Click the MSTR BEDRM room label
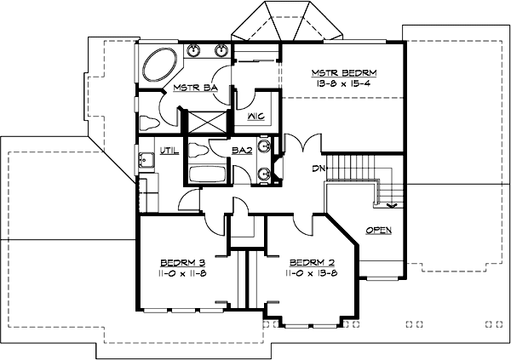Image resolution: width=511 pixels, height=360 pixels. click(x=344, y=72)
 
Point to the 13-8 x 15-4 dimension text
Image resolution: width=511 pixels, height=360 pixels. click(x=344, y=84)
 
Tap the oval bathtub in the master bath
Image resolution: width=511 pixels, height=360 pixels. click(x=159, y=66)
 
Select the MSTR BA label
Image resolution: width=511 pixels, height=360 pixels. click(x=192, y=88)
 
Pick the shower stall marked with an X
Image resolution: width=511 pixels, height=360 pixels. click(x=207, y=121)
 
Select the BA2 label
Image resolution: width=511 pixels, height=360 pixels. click(x=241, y=151)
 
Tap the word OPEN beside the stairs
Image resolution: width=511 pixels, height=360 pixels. click(x=379, y=231)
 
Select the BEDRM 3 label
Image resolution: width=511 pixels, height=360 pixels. click(x=183, y=262)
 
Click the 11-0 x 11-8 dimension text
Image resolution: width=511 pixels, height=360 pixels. click(x=183, y=274)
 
